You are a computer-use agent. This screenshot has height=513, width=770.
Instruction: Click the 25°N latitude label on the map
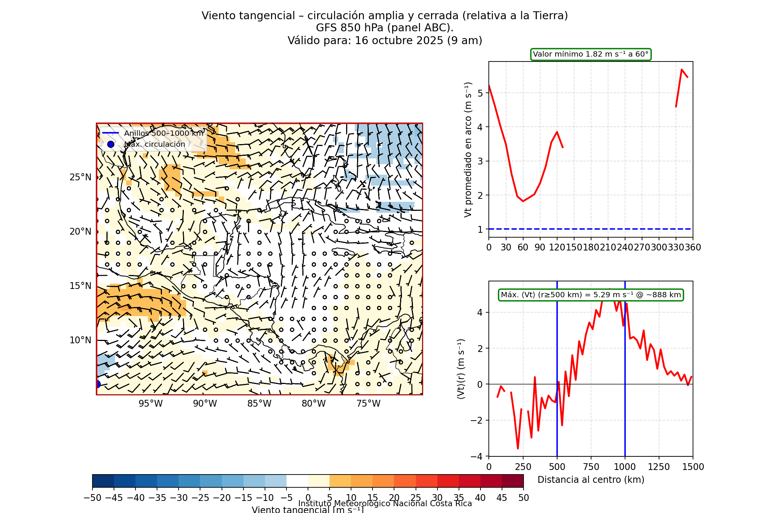[x=80, y=177]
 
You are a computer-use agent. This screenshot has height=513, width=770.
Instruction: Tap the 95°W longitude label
[x=150, y=404]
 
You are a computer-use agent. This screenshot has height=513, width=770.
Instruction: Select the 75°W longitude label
[x=368, y=404]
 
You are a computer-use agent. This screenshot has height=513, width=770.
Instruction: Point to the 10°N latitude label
[x=80, y=340]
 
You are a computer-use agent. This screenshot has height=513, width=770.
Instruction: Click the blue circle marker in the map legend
[x=111, y=144]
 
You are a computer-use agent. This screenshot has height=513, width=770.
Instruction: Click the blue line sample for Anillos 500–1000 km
[x=111, y=133]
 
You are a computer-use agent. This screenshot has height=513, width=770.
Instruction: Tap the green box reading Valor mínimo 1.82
[x=591, y=54]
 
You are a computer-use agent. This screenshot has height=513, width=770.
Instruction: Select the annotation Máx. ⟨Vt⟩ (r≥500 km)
[x=591, y=295]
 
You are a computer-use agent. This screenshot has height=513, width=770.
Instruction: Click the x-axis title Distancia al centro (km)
[x=591, y=480]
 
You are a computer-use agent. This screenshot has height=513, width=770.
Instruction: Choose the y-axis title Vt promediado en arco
[x=468, y=149]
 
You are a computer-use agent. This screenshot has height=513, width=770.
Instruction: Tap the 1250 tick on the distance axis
[x=659, y=467]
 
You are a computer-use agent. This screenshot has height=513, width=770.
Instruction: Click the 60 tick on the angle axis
[x=523, y=247]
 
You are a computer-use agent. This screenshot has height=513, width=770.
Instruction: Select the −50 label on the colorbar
[x=92, y=498]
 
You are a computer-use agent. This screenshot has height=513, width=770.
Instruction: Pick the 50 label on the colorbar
[x=524, y=498]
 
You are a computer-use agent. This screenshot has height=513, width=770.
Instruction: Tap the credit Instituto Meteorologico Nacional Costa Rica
[x=385, y=504]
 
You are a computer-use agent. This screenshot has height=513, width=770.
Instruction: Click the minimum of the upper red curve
[x=523, y=201]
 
